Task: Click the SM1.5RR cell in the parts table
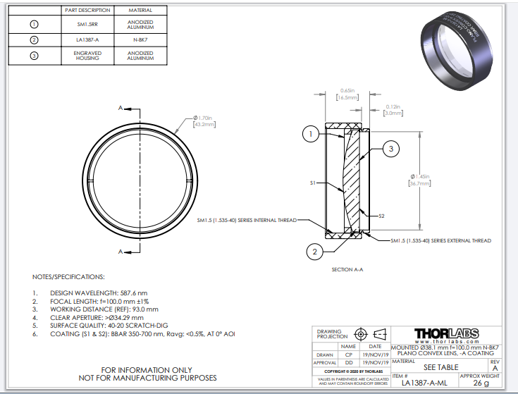[87, 25]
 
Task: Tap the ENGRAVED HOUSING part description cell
[87, 56]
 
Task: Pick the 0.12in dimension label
[393, 109]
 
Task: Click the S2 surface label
[381, 215]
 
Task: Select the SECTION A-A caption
[347, 269]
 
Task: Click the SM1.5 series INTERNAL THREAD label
[246, 220]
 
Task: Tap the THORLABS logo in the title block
[447, 333]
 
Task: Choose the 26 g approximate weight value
[481, 383]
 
